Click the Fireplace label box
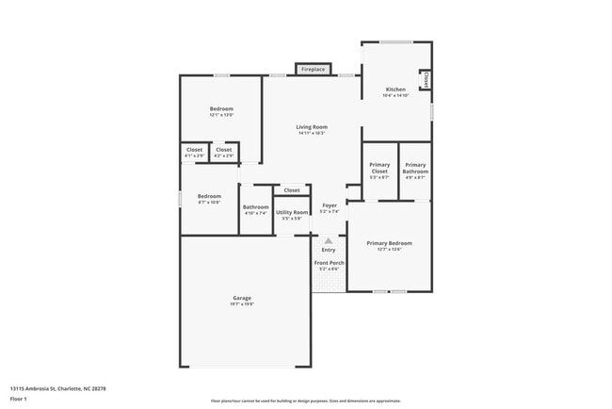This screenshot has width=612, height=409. coord(312,69)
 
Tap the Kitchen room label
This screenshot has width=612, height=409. coord(395,90)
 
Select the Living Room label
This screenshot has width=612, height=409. coord(312,128)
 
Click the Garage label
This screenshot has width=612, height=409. coord(242,299)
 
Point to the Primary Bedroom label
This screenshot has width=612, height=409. coord(389,244)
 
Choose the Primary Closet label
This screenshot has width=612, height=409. coord(379,169)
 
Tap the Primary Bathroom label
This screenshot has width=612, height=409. coord(415,169)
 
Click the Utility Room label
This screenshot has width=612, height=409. coord(292,214)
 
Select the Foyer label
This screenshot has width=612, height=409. coord(330,206)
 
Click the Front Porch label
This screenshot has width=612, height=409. coord(329,265)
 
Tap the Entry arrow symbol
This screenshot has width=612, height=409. coord(329,241)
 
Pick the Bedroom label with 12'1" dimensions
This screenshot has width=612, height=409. coord(221,110)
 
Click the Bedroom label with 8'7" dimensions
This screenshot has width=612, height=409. coord(209,198)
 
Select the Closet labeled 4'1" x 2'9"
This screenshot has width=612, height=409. coord(194,151)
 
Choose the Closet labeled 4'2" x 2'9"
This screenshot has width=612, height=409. coord(223,151)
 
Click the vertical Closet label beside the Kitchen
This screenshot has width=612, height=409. coord(427,81)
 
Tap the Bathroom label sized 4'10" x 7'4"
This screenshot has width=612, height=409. coord(256,209)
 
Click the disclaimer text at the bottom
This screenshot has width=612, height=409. coord(305,401)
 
